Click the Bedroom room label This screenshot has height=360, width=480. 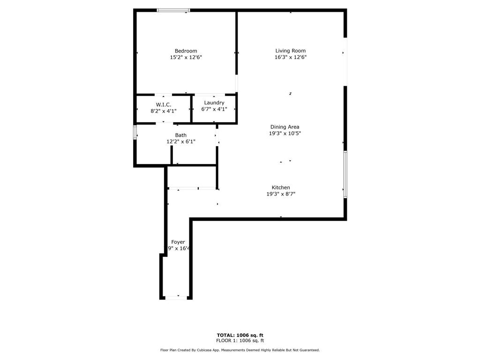coord(186,51)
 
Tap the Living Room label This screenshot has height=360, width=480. coord(290,51)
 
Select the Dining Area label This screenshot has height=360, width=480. coord(285,127)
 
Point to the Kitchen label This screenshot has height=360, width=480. coord(281,187)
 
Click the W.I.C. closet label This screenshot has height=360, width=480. coord(164,104)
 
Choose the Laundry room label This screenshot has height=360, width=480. coord(214,103)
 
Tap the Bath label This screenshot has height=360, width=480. coord(180,135)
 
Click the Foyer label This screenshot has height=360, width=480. coord(178,242)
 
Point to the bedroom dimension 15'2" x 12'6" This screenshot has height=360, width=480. coord(186,57)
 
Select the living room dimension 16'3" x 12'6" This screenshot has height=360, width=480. coord(290,57)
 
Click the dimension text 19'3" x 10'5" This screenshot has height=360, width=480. coord(285,133)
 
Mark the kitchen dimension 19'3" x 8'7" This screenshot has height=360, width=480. coord(281,194)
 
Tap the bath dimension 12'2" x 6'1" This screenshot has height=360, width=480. coord(180,142)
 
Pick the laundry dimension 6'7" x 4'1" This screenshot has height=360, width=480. coord(214,109)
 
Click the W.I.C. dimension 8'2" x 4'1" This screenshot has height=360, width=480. coord(164,111)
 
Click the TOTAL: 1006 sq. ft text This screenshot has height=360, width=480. coord(240,335)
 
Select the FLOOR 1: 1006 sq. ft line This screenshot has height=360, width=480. coord(240,341)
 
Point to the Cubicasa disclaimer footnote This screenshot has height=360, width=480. coord(240,350)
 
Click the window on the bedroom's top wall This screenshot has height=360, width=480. coord(173,10)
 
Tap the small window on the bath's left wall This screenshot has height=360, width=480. coord(135,132)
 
